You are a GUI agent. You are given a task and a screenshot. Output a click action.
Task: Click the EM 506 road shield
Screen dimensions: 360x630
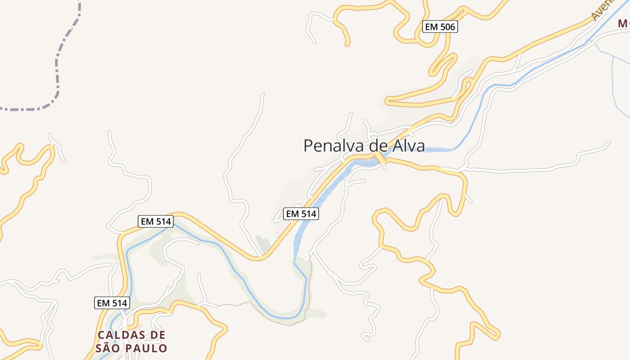click(x=441, y=27)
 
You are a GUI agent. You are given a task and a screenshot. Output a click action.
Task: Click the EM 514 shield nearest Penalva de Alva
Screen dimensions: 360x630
click(x=301, y=214)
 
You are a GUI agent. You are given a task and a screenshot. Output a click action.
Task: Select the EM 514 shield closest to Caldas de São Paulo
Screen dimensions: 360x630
click(x=112, y=303)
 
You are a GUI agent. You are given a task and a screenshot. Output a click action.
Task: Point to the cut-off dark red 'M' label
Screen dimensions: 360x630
click(x=624, y=23)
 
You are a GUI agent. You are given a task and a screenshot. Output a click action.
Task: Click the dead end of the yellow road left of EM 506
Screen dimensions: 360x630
click(x=347, y=44)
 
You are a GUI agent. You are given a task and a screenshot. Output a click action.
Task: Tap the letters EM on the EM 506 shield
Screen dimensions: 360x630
click(x=432, y=27)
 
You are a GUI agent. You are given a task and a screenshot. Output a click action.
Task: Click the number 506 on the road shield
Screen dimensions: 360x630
click(x=447, y=27)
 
